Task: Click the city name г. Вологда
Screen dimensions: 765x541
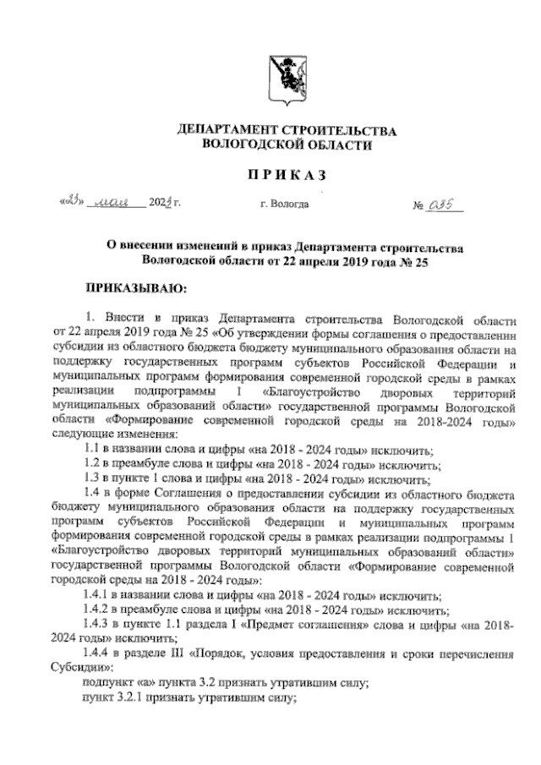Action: [284, 205]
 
